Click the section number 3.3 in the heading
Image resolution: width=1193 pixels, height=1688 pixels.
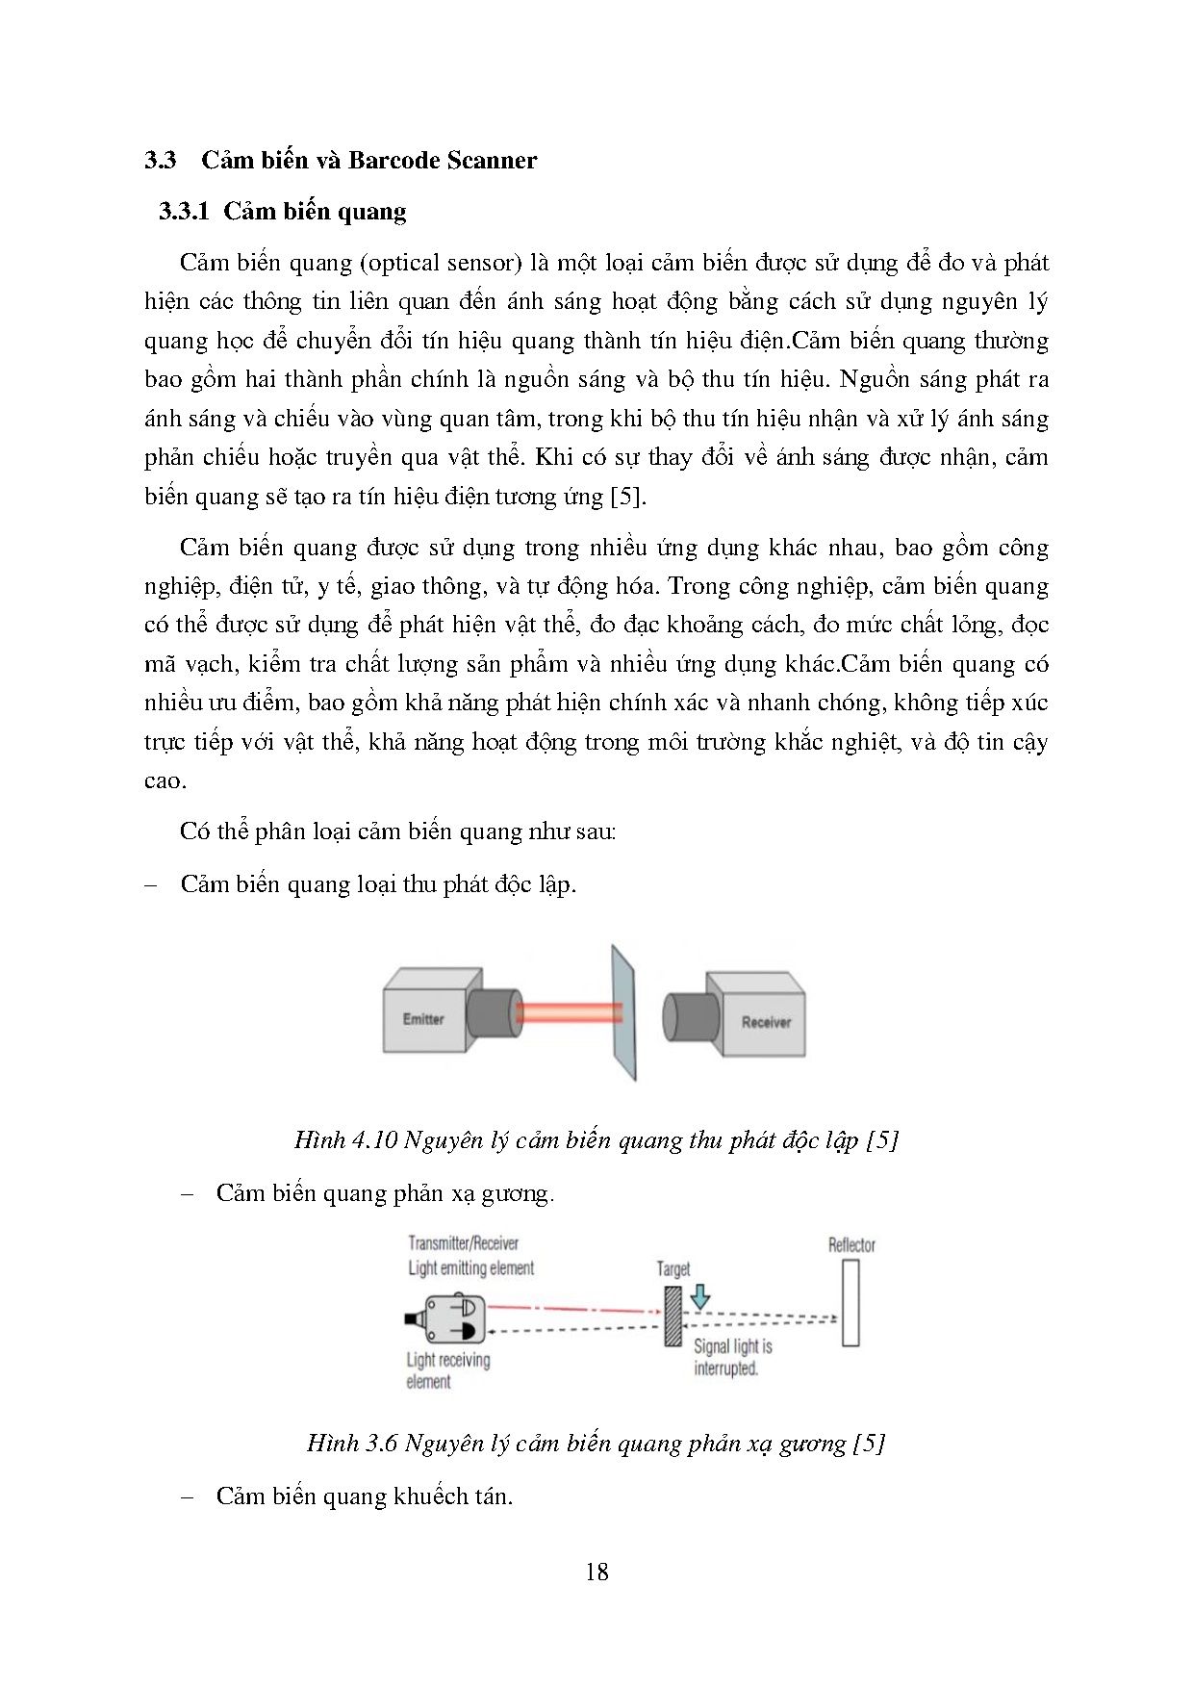tap(160, 161)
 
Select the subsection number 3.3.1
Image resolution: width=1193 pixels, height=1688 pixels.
tap(185, 212)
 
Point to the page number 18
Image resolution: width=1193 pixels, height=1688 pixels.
tap(596, 1572)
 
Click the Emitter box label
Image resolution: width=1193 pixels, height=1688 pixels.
tap(423, 1019)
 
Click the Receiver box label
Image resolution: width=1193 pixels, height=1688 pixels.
tap(766, 1022)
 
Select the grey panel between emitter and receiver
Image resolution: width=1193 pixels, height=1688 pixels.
tap(622, 1012)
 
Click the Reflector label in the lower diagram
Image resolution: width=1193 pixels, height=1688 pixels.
tap(851, 1245)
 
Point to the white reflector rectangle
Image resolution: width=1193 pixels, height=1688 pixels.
tap(849, 1303)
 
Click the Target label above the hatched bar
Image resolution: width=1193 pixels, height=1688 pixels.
tap(673, 1269)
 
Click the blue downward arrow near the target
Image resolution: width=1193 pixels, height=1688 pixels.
tap(700, 1296)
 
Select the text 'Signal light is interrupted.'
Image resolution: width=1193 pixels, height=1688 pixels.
tap(732, 1358)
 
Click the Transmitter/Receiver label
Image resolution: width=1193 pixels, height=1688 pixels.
tap(463, 1243)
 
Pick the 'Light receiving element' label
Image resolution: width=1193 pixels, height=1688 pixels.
tap(447, 1371)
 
